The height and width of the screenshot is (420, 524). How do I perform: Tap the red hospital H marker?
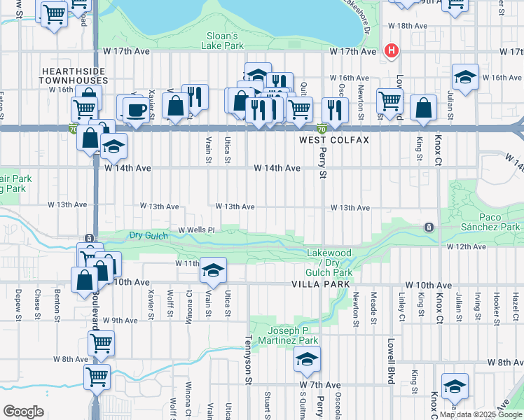(x=391, y=51)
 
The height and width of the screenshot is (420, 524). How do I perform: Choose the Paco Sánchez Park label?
(x=490, y=222)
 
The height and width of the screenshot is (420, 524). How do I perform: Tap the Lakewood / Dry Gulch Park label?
(x=329, y=262)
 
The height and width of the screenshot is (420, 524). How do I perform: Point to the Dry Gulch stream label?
(x=148, y=236)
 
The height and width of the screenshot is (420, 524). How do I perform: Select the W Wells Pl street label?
(x=195, y=230)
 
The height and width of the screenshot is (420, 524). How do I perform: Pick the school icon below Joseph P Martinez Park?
(x=306, y=359)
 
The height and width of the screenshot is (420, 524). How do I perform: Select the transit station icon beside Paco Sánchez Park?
(x=428, y=227)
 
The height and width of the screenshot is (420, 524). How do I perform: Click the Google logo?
(x=23, y=412)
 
